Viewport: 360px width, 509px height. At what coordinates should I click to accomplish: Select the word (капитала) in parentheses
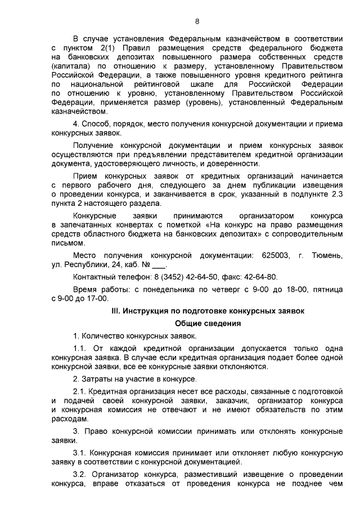69,65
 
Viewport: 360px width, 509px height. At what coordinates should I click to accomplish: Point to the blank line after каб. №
159,264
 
